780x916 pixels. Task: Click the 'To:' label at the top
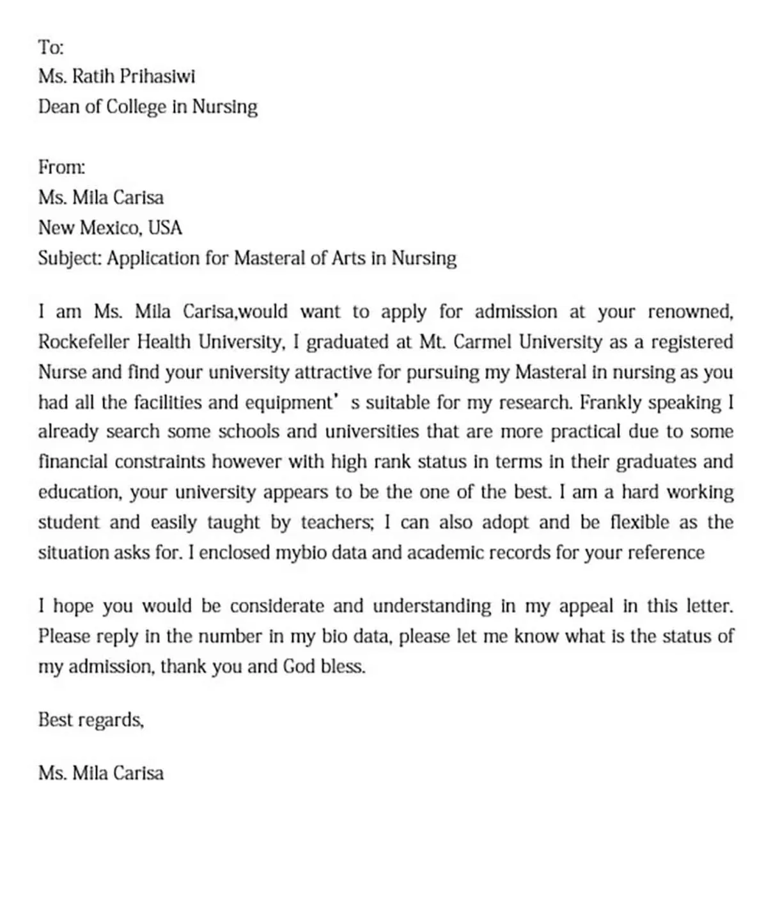(51, 47)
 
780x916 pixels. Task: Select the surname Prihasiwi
(157, 76)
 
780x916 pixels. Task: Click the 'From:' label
(61, 167)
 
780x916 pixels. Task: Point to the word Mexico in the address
(111, 228)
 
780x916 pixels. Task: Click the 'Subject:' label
(70, 258)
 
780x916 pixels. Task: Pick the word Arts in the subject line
(348, 258)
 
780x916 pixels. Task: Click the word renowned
(690, 312)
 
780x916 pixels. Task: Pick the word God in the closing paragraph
(299, 667)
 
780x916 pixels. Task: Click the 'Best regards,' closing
(91, 720)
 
